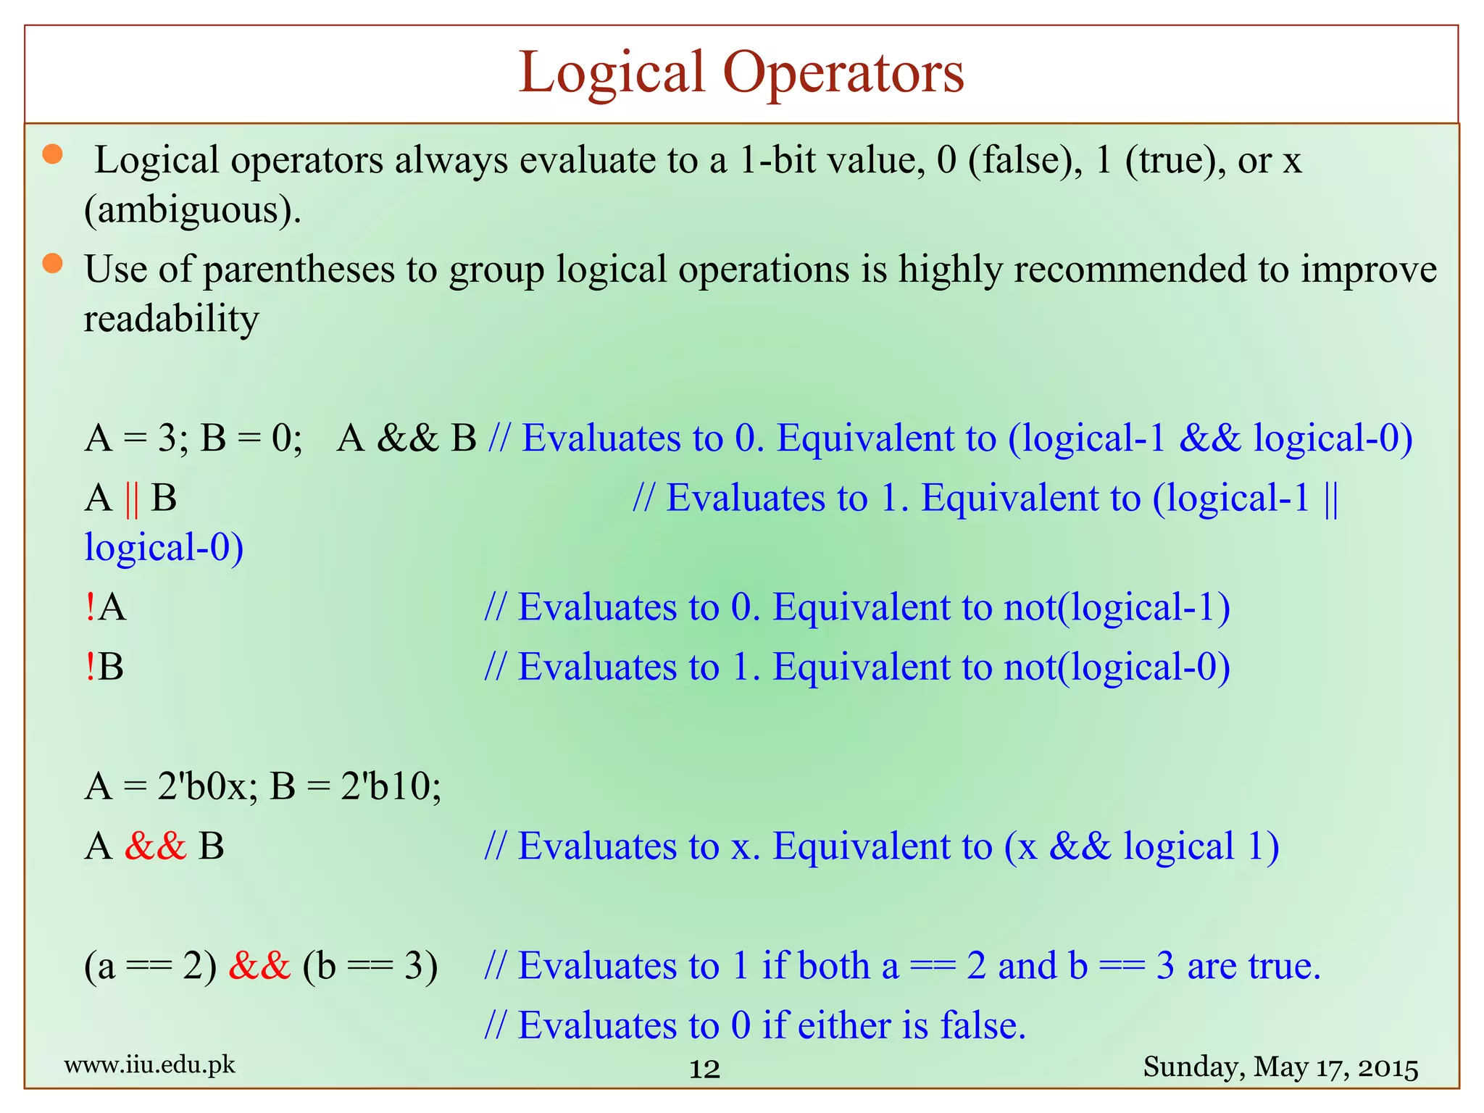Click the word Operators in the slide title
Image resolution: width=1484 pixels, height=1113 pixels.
tap(843, 73)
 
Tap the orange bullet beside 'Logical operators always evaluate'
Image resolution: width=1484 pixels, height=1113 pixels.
tap(52, 154)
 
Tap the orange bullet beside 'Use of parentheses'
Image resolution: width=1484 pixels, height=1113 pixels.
tap(52, 264)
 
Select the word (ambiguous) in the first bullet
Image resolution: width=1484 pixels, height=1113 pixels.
tap(192, 211)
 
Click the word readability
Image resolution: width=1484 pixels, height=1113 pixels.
tap(171, 320)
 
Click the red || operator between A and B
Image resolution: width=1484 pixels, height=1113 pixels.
tap(131, 499)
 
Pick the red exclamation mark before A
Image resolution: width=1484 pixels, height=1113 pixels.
tap(90, 606)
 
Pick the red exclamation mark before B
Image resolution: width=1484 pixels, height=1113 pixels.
tap(90, 667)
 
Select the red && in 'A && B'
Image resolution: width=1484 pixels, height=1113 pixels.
tap(155, 846)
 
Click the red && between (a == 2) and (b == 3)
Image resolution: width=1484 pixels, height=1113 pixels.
tap(259, 966)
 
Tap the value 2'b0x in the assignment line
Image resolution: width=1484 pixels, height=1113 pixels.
tap(202, 786)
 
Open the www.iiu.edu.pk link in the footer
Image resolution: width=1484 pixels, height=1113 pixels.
tap(150, 1065)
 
